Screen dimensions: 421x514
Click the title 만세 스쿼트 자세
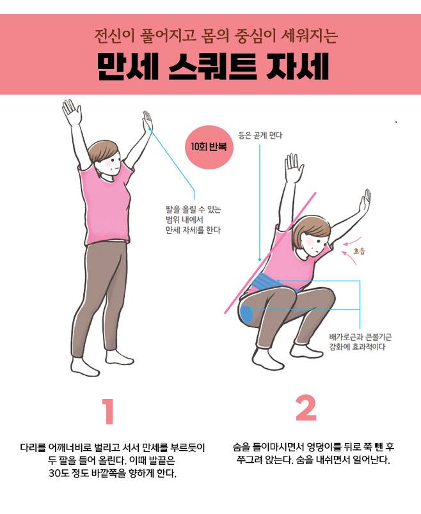click(x=212, y=68)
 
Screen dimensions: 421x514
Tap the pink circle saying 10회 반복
click(x=209, y=147)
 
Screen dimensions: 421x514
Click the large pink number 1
click(x=109, y=412)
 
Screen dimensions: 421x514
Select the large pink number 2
click(x=306, y=408)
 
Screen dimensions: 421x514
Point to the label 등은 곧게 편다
click(x=260, y=136)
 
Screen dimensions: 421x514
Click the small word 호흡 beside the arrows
click(x=359, y=251)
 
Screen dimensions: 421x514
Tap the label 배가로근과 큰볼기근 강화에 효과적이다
click(x=360, y=342)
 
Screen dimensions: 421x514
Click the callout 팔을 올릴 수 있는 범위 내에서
click(x=193, y=214)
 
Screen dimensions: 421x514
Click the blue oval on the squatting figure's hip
click(x=247, y=313)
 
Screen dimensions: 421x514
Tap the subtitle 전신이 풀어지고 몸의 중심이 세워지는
click(x=216, y=36)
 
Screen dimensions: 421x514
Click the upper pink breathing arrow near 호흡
click(x=353, y=241)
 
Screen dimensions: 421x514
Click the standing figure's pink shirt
click(x=105, y=205)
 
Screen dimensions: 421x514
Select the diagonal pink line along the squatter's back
click(x=271, y=253)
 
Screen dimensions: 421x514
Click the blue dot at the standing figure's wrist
click(x=150, y=129)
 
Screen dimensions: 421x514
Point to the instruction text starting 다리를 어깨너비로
click(x=112, y=460)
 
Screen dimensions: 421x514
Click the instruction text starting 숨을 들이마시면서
click(x=314, y=453)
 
